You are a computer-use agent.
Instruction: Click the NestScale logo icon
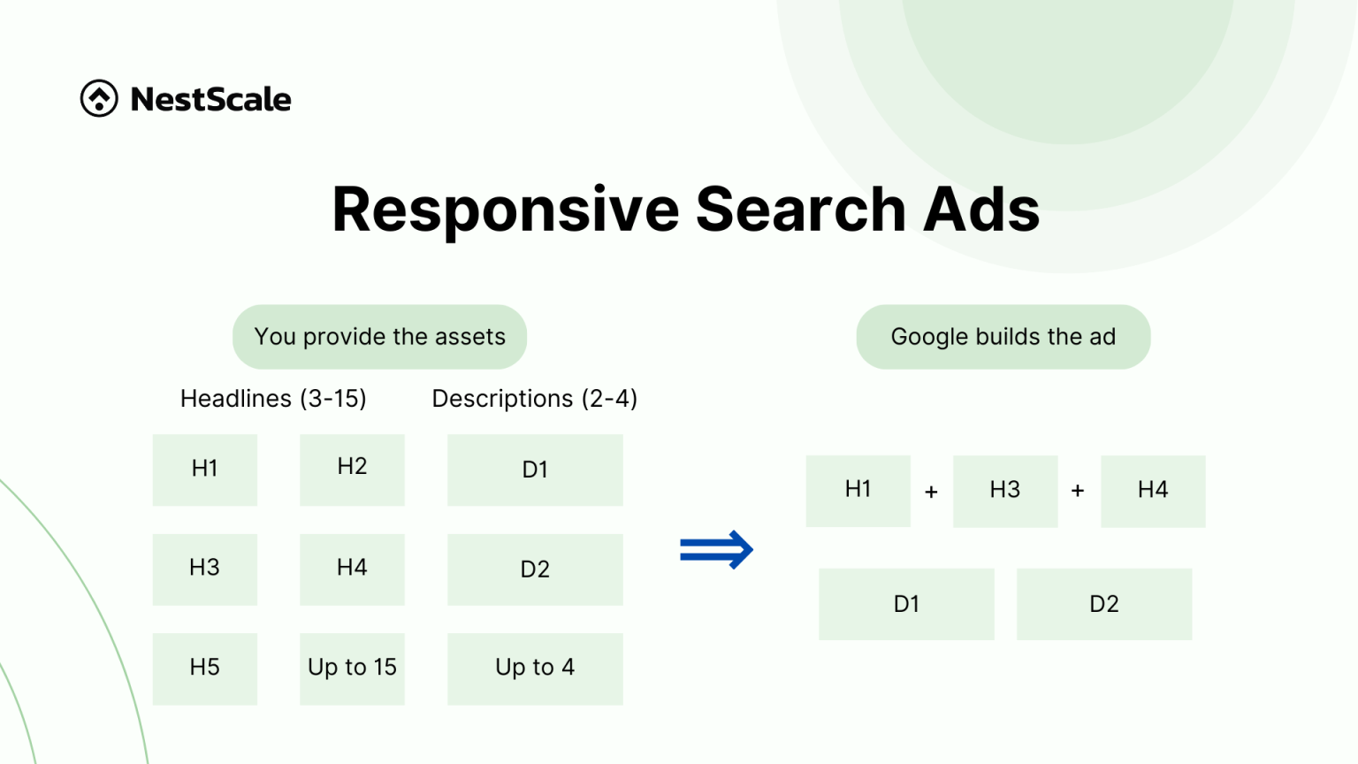pos(99,98)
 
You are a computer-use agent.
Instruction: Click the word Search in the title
pos(800,210)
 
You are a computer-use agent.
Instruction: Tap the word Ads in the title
pos(980,210)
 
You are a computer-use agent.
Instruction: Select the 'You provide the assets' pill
pos(379,337)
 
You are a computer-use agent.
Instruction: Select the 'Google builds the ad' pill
pos(1003,337)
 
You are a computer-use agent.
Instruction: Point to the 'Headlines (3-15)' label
pos(273,399)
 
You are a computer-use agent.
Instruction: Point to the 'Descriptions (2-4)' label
pos(534,399)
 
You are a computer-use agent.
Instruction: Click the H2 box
pos(352,470)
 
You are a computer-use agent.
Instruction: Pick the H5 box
pos(205,668)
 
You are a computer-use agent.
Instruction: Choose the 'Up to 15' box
pos(352,668)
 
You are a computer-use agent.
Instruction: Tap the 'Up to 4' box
pos(535,668)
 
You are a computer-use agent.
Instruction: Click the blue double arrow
pos(716,550)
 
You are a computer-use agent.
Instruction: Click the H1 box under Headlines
pos(205,470)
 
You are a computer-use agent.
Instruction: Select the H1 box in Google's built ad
pos(858,491)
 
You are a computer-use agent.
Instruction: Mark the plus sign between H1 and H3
pos(931,492)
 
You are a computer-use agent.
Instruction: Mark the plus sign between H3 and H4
pos(1078,491)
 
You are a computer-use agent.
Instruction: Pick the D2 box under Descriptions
pos(535,569)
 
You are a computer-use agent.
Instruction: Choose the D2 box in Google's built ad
pos(1104,604)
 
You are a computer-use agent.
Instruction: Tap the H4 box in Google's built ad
pos(1153,491)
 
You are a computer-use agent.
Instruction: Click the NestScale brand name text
pos(210,99)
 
